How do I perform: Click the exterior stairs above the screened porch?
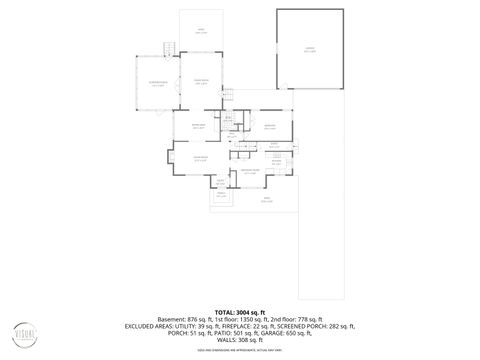170,50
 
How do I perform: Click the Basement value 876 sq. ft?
176,319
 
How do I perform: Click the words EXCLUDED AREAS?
150,326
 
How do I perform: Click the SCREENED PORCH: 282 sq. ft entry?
322,326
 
